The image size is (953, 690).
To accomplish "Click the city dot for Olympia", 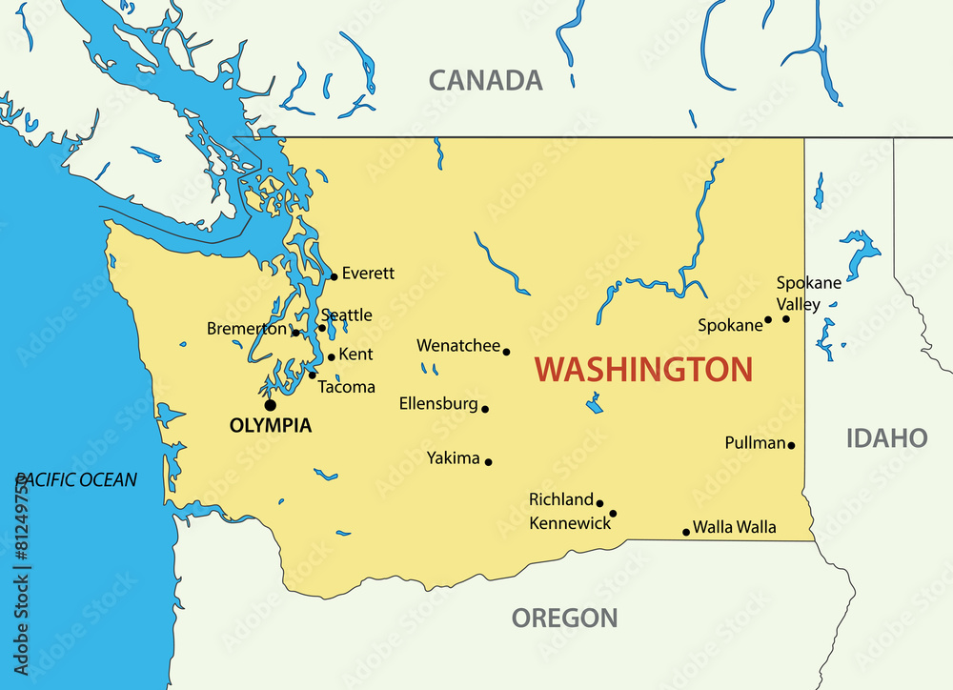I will (271, 405).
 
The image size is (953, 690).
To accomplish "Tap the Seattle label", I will (347, 315).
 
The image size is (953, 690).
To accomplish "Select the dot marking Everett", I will (334, 277).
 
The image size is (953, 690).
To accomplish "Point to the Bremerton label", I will (246, 329).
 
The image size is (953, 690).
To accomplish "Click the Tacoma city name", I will (346, 388).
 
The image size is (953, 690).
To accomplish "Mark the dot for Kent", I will (331, 357).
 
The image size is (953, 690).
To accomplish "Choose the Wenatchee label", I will (458, 346).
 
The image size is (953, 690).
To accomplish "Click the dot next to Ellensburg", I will (485, 409).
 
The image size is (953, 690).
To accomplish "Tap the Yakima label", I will (454, 458).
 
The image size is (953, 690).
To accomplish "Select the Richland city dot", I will (599, 503).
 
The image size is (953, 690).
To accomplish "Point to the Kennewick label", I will (570, 523).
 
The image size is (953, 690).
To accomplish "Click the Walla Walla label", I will (734, 527).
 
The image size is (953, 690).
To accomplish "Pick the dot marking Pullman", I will (791, 445).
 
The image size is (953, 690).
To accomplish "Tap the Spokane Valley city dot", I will (786, 318).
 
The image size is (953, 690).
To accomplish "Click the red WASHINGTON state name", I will (643, 370).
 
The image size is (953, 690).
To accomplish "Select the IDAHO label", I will (886, 438).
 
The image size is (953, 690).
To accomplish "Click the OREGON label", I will (564, 618).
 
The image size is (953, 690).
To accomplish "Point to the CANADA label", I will (485, 80).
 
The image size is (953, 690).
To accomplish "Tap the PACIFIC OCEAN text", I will (76, 480).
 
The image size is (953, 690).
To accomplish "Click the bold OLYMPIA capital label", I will (271, 426).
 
